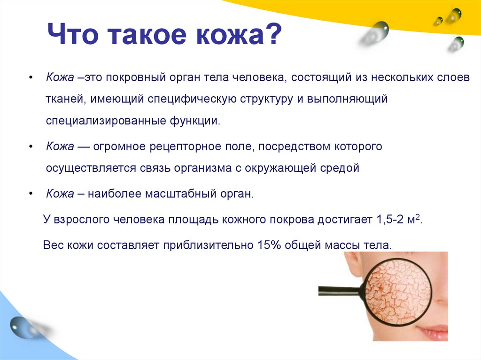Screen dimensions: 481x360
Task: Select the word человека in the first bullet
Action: (x=258, y=77)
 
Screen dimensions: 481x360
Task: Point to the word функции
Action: (x=195, y=121)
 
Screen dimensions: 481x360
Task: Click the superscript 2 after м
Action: (x=417, y=217)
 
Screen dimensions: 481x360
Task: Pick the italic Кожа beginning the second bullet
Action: (x=60, y=146)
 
